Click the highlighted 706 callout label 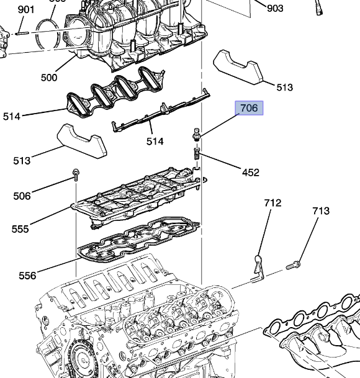(x=248, y=108)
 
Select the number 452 (x=250, y=173)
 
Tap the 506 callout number (x=22, y=196)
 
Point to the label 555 (x=20, y=229)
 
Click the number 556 (x=27, y=275)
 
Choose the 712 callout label (x=272, y=203)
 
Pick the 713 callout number (x=320, y=211)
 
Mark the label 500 (x=48, y=78)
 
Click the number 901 (x=26, y=9)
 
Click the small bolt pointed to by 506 (x=74, y=174)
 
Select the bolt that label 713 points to (x=293, y=266)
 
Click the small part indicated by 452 (x=196, y=153)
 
